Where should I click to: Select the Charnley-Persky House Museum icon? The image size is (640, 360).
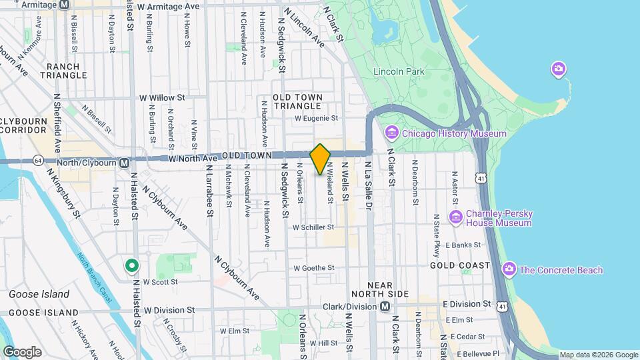click(x=456, y=217)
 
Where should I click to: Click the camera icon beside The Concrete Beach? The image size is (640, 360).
click(x=509, y=269)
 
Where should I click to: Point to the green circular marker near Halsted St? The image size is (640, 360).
click(x=132, y=267)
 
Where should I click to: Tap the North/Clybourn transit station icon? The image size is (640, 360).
click(x=125, y=162)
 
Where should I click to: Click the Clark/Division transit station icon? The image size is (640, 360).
click(x=385, y=307)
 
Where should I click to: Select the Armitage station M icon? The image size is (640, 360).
click(x=64, y=5)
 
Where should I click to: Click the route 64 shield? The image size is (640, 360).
click(x=37, y=161)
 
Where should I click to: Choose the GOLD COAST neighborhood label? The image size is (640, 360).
click(x=460, y=265)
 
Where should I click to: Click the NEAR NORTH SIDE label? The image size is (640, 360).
click(x=380, y=289)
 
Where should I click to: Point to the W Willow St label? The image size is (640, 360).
click(x=161, y=97)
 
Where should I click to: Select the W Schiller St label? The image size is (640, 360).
click(x=313, y=227)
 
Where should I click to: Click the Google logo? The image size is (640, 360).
click(x=23, y=351)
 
